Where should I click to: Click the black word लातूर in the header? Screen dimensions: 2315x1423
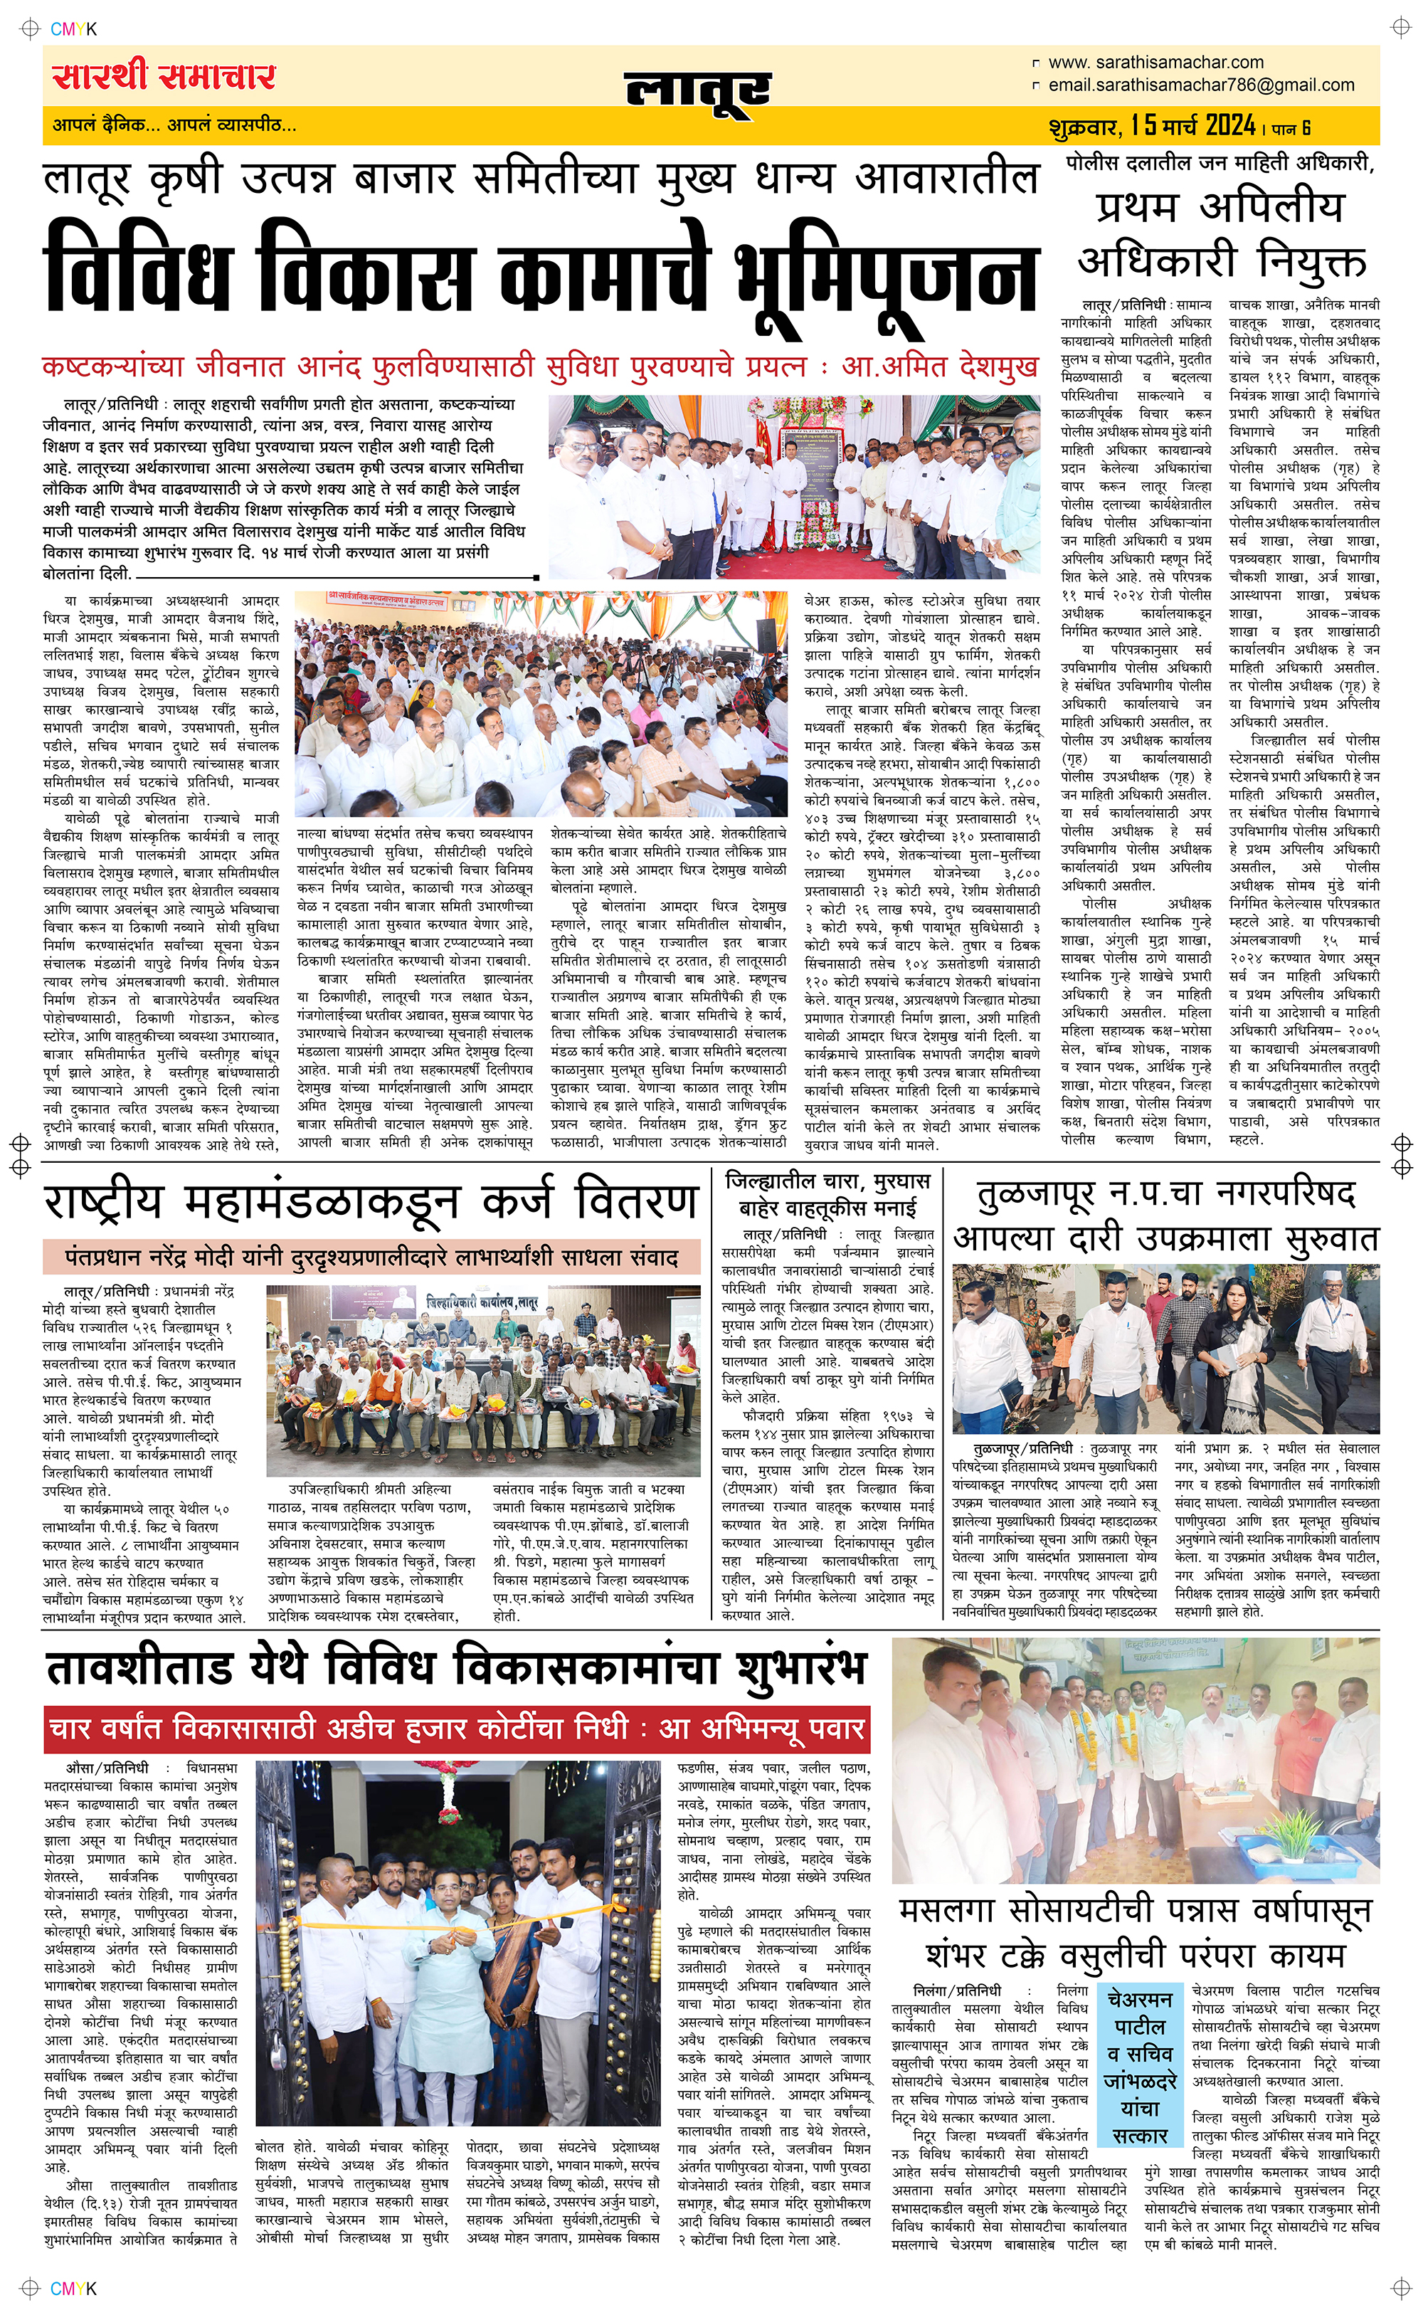[697, 91]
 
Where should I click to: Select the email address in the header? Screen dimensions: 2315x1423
[1201, 85]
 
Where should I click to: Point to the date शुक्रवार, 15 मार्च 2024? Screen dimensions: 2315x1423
[1152, 125]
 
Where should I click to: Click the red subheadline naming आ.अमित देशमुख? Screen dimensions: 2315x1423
[539, 366]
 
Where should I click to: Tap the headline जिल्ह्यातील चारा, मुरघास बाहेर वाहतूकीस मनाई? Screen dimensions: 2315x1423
[828, 1194]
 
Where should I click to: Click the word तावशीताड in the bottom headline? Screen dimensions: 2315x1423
[139, 1669]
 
